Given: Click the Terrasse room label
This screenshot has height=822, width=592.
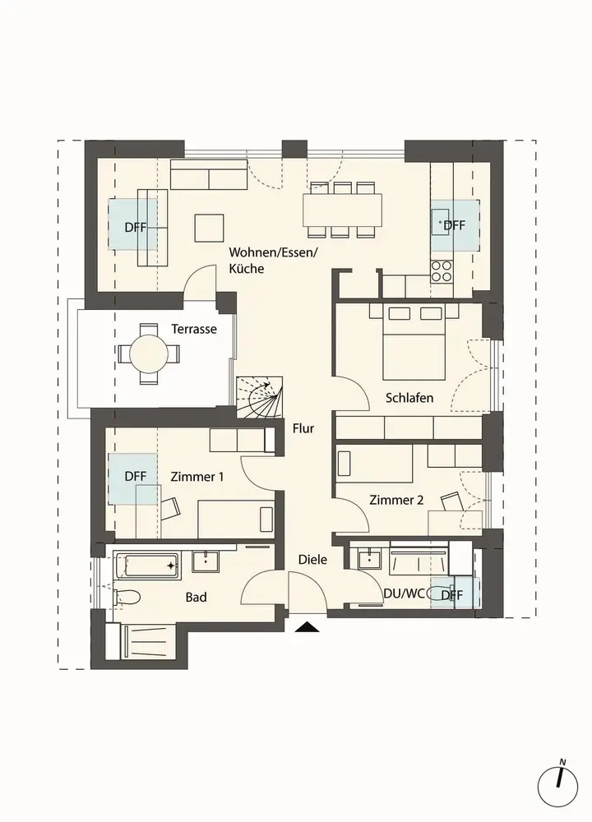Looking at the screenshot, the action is (194, 330).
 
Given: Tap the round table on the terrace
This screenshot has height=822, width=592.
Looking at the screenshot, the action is (149, 353).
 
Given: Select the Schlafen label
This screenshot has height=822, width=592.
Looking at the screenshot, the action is (409, 398).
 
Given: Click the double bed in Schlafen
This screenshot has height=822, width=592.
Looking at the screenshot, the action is (414, 343).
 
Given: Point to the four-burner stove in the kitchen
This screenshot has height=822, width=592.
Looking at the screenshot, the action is (442, 271).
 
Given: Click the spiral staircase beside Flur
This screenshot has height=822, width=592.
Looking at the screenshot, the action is (260, 397).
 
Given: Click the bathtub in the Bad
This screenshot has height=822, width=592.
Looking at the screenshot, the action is (147, 566).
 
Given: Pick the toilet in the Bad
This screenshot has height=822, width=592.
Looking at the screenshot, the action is (127, 597).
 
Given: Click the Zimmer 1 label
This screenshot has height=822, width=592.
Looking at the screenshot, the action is (197, 477).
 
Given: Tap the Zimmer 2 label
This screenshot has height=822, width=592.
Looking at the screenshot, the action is (395, 500).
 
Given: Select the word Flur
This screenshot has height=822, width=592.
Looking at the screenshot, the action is (303, 428).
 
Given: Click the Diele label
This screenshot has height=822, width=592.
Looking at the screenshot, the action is (312, 559).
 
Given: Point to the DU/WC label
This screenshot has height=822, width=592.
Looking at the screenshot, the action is (404, 594).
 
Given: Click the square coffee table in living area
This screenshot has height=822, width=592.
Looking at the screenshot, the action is (210, 228).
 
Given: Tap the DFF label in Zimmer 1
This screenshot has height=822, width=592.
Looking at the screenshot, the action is (136, 477).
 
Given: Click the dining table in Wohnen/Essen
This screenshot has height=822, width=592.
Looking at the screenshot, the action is (342, 210).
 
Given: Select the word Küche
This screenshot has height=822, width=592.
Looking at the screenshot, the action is (247, 269).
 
